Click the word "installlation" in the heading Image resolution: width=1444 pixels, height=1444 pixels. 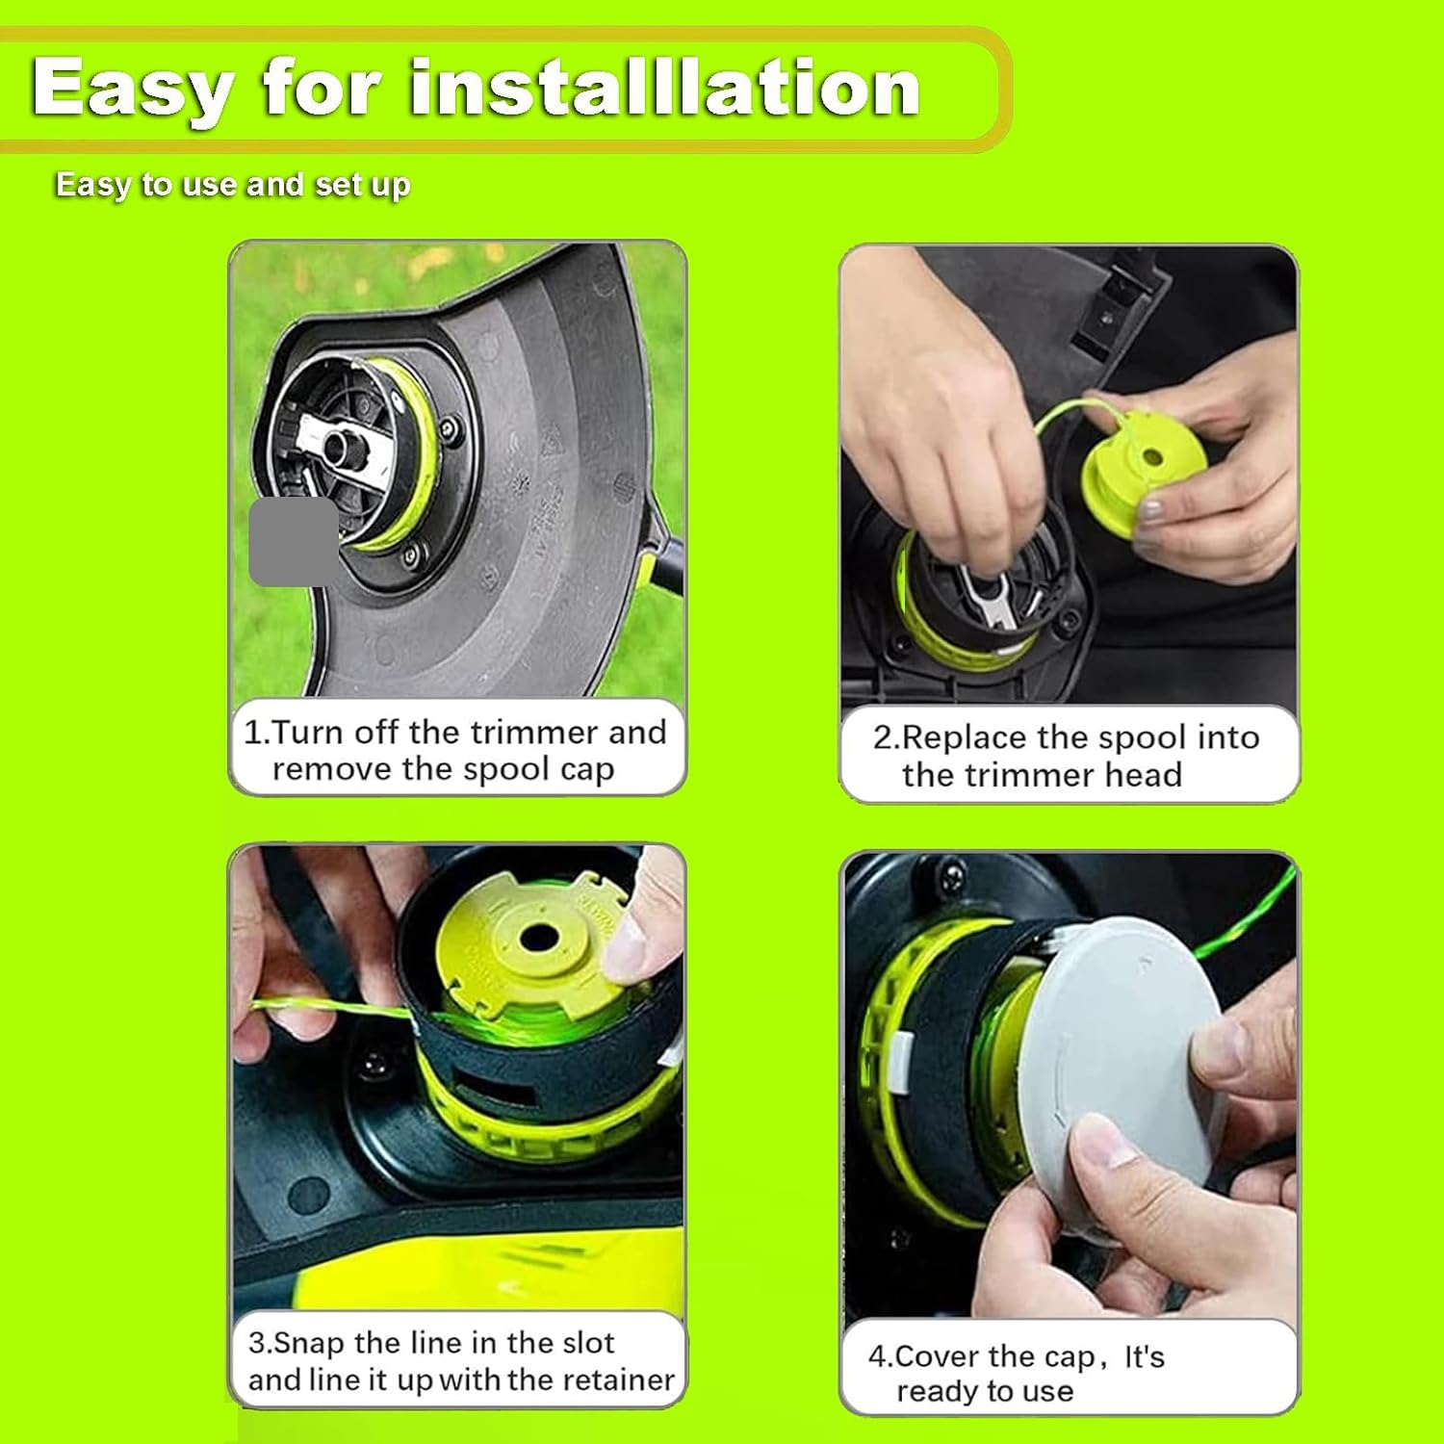(664, 89)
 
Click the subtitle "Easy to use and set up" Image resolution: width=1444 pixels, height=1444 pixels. (232, 184)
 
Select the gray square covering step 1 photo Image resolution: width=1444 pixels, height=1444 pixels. (292, 542)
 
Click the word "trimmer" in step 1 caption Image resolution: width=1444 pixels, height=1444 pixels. (520, 733)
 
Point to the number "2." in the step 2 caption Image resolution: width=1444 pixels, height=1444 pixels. (886, 738)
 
